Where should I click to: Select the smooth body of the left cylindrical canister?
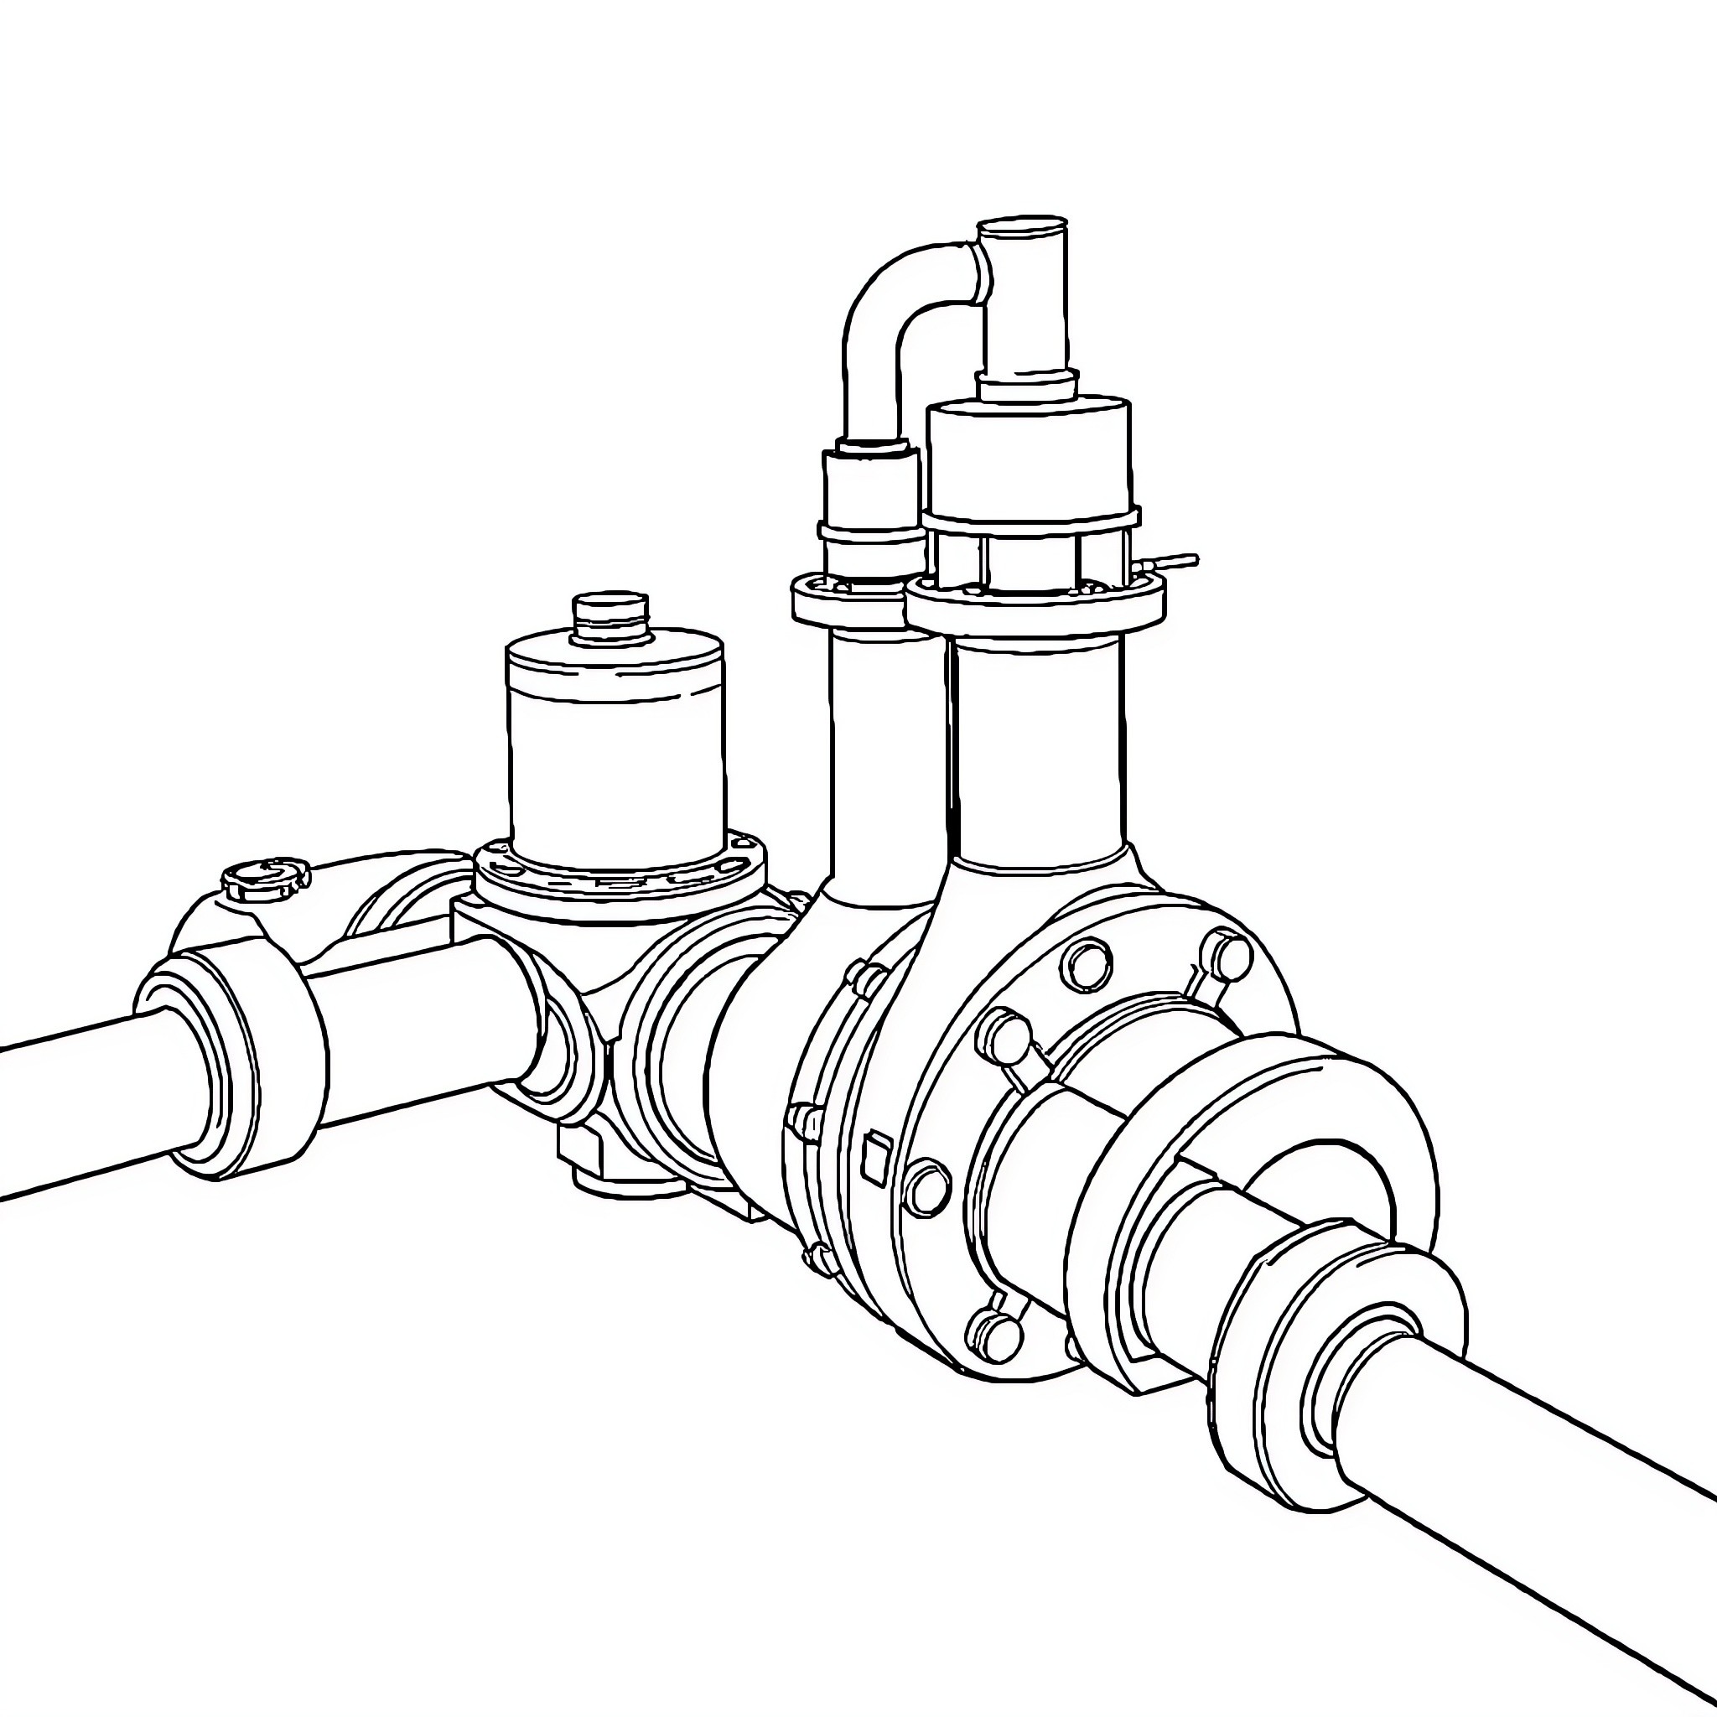point(616,765)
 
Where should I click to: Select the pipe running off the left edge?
point(71,1111)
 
